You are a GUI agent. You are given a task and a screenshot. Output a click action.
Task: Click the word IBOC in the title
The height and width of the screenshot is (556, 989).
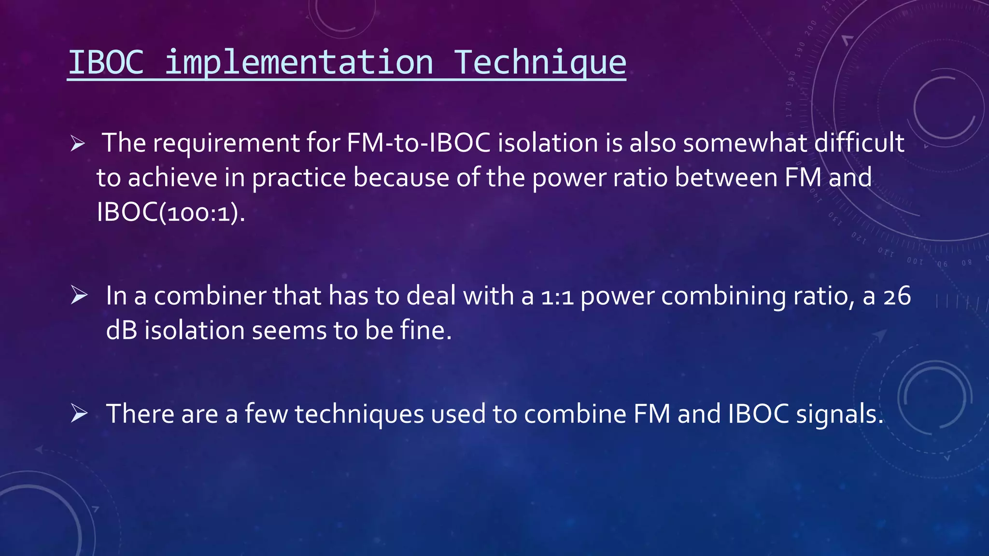106,62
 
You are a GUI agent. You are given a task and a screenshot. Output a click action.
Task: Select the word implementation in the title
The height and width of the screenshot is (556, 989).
299,63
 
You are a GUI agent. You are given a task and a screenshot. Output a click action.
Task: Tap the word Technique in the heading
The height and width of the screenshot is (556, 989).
540,63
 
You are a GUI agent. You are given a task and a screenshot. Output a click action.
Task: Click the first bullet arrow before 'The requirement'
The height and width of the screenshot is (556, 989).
77,143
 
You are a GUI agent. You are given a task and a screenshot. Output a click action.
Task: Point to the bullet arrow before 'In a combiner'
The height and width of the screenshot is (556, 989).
79,295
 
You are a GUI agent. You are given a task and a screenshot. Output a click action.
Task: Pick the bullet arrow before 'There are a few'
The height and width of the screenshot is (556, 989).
79,413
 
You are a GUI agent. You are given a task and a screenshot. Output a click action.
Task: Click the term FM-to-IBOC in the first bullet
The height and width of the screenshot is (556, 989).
419,143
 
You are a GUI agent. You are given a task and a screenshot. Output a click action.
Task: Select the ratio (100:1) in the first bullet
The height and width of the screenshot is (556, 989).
202,212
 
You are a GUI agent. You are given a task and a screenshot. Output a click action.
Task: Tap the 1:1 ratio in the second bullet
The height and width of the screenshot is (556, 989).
557,296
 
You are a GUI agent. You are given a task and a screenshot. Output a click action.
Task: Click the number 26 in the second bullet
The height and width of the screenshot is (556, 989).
897,296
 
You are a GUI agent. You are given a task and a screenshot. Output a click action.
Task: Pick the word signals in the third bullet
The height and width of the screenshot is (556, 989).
839,414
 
